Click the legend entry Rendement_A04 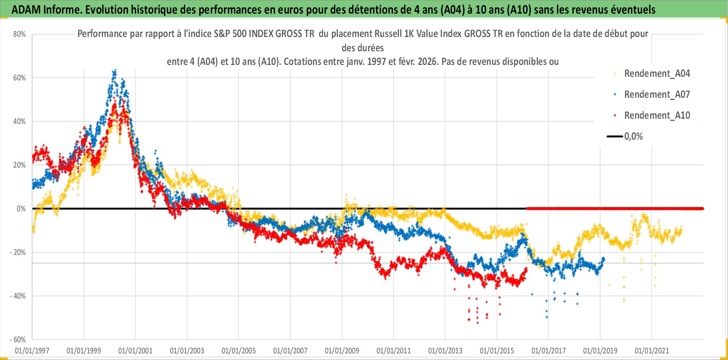click(x=657, y=74)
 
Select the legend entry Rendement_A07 click(x=657, y=95)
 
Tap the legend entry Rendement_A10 click(x=657, y=116)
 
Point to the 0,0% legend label click(x=633, y=137)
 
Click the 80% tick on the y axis click(x=20, y=34)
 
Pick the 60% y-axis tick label click(x=20, y=78)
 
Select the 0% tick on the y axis click(x=21, y=209)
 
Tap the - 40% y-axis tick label click(x=18, y=296)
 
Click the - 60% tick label click(x=18, y=340)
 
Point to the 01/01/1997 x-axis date click(x=32, y=351)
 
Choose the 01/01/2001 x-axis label click(x=135, y=351)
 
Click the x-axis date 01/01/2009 click(x=342, y=351)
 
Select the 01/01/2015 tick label click(x=497, y=351)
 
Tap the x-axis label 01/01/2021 click(x=652, y=351)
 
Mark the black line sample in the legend click(x=615, y=137)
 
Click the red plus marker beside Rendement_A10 click(x=615, y=115)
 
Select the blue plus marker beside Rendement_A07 click(x=615, y=94)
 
